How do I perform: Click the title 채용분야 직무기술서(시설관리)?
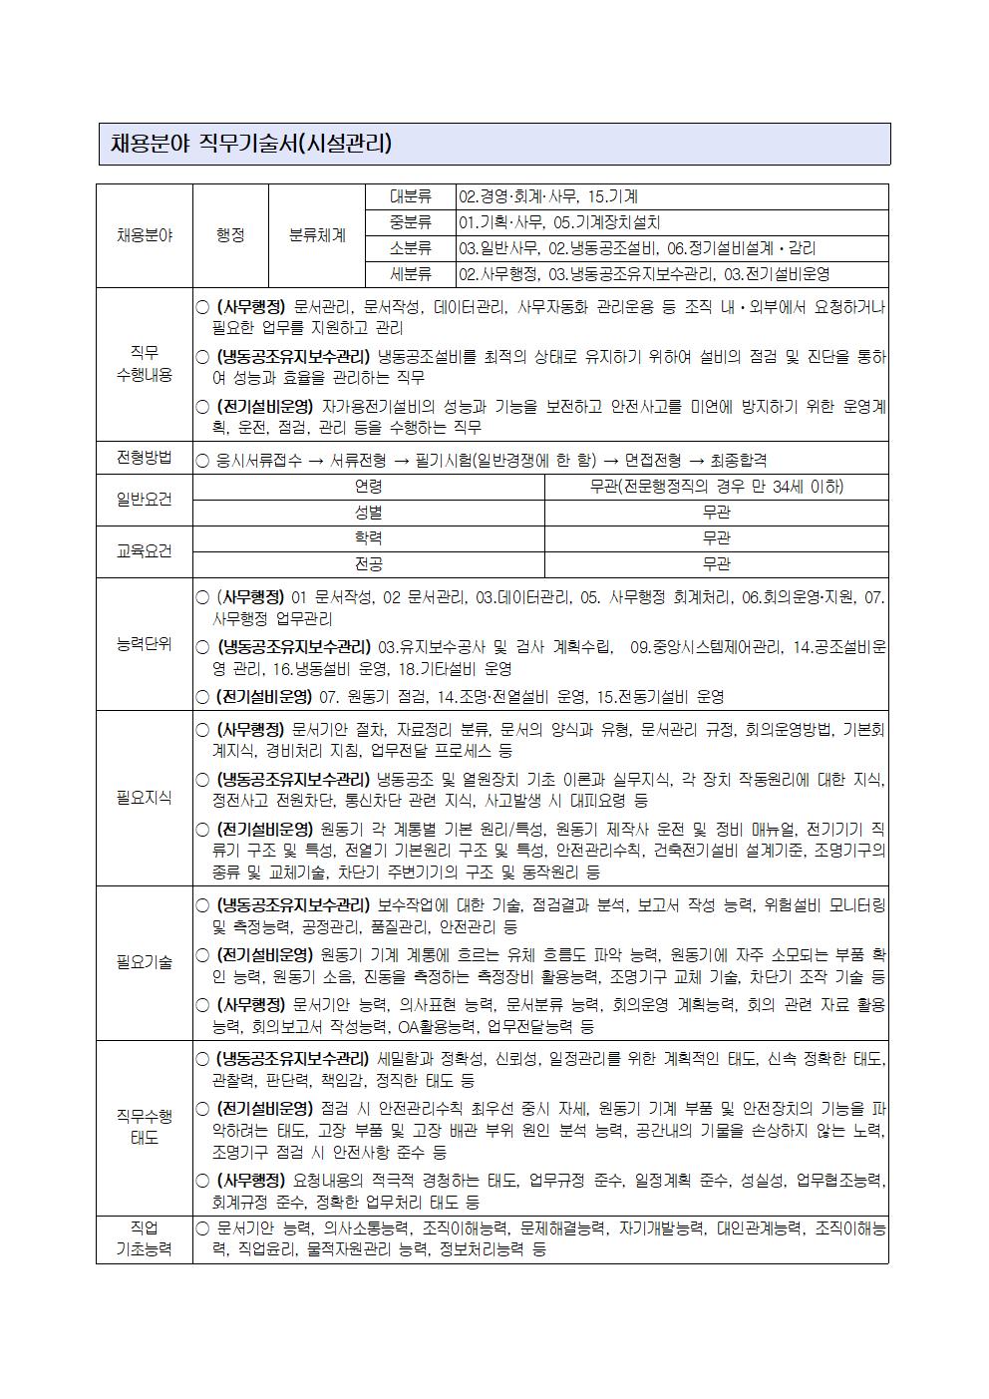(x=251, y=144)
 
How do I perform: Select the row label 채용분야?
(x=144, y=235)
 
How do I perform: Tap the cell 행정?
(x=230, y=235)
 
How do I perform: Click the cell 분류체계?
(x=317, y=235)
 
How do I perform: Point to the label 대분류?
(x=411, y=196)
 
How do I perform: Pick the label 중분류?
(x=411, y=222)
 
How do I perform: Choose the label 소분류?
(x=411, y=248)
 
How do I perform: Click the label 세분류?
(x=411, y=274)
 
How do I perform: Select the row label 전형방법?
(x=144, y=458)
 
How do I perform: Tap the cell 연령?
(x=368, y=487)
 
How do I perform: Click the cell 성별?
(x=368, y=513)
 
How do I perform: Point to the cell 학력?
(x=368, y=538)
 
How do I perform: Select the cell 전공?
(x=368, y=564)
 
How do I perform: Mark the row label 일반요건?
(x=144, y=500)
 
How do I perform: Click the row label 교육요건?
(x=144, y=551)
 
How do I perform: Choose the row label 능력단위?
(x=144, y=644)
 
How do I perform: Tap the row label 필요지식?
(x=144, y=798)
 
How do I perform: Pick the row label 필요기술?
(x=144, y=963)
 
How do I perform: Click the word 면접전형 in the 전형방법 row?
(x=653, y=460)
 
